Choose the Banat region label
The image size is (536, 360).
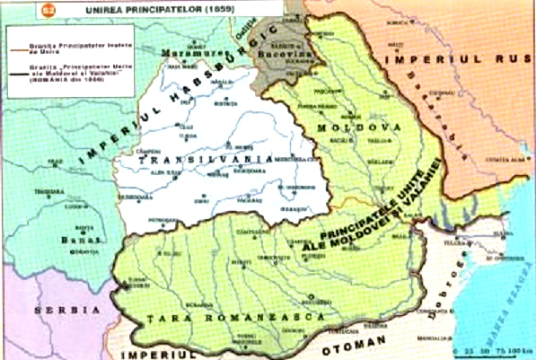point(74,241)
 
